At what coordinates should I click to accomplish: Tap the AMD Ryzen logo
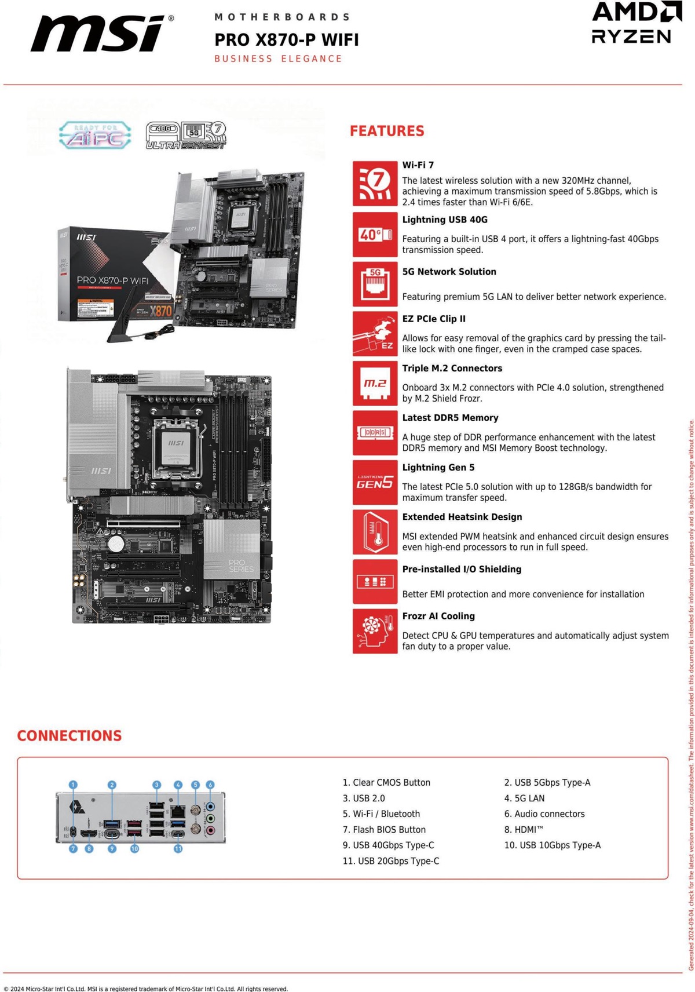pos(636,23)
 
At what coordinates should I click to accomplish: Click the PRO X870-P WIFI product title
pos(287,39)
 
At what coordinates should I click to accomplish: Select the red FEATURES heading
pos(387,131)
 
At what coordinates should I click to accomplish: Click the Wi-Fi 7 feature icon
pos(375,184)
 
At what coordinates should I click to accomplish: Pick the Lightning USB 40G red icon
pos(375,235)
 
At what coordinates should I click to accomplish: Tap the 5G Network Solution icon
pos(375,284)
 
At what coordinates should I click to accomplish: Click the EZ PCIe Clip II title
pos(434,319)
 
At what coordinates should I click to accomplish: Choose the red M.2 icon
pos(375,384)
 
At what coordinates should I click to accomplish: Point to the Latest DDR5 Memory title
pos(450,418)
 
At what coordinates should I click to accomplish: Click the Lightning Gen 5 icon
pos(375,482)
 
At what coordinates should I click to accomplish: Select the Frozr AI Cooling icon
pos(375,631)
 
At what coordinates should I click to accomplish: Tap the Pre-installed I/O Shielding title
pos(462,569)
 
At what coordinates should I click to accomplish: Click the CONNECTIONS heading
pos(69,736)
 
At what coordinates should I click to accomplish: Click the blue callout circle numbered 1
pos(73,785)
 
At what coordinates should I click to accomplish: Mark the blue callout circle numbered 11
pos(178,849)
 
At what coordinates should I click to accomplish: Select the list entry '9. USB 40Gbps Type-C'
pos(388,845)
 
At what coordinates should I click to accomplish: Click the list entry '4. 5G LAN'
pos(524,798)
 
